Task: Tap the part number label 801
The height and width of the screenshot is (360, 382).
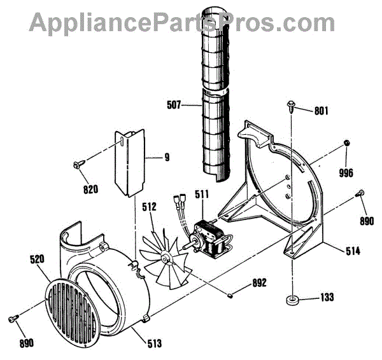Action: pyautogui.click(x=321, y=111)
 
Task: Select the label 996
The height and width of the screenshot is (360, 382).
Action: pyautogui.click(x=346, y=172)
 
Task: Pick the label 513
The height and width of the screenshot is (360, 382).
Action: pyautogui.click(x=153, y=343)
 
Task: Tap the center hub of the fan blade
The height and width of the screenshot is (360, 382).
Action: pyautogui.click(x=165, y=258)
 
